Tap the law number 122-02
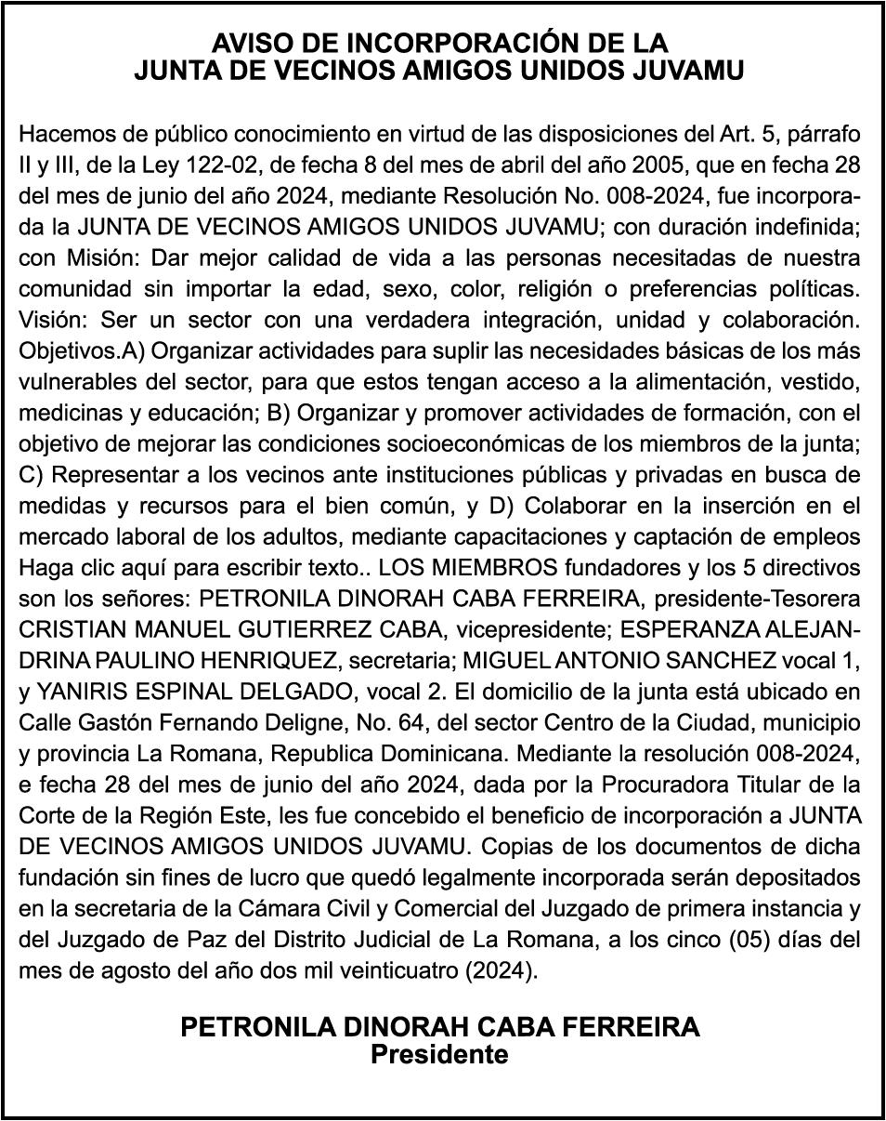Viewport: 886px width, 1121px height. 257,165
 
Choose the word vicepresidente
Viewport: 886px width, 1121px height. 526,629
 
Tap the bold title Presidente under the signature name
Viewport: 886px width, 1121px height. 439,1056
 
